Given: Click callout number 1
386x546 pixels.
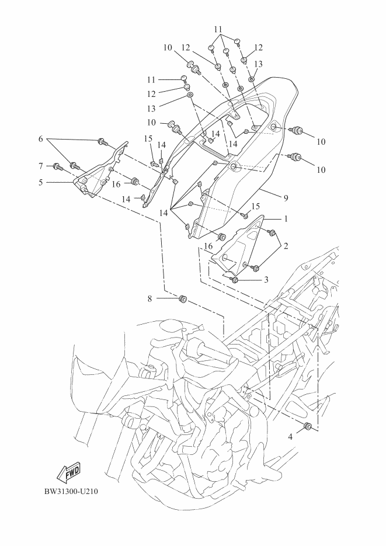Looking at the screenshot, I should point(286,219).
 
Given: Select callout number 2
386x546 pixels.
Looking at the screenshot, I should point(286,247).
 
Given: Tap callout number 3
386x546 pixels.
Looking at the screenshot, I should point(266,280).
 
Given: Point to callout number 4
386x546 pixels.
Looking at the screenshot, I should point(290,436).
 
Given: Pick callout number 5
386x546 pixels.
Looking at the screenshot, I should point(41,182).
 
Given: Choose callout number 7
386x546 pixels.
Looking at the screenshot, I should point(41,166).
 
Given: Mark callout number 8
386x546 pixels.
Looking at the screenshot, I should point(149,298).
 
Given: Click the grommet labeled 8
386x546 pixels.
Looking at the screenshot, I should point(182,300).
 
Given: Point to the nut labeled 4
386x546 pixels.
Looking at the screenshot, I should point(307,427).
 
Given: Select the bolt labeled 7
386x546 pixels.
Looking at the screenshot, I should point(57,166).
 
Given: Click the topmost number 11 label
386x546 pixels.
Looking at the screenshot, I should point(218,29).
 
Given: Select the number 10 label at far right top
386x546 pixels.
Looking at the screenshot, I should point(321,142).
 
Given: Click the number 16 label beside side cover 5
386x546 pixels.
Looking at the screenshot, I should point(116,184).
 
